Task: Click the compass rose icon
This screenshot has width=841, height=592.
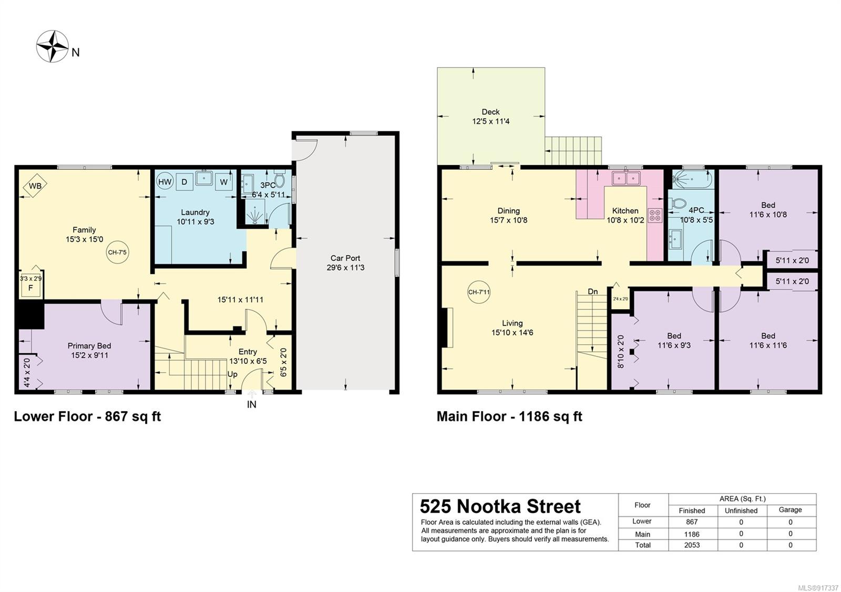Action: pyautogui.click(x=53, y=46)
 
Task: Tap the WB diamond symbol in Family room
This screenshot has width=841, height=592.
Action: pyautogui.click(x=35, y=186)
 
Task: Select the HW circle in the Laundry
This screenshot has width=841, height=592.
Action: pyautogui.click(x=165, y=182)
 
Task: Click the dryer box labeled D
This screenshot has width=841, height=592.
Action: pyautogui.click(x=184, y=182)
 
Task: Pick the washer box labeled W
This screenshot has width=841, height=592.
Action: pyautogui.click(x=224, y=182)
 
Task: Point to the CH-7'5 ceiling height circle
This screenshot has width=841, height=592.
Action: pyautogui.click(x=117, y=252)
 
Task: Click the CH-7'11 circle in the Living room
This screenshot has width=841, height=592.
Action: pyautogui.click(x=479, y=292)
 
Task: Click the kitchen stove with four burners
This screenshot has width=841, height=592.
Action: pyautogui.click(x=655, y=216)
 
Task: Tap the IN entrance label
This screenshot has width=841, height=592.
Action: pyautogui.click(x=252, y=404)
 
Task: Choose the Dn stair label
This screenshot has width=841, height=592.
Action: pyautogui.click(x=593, y=291)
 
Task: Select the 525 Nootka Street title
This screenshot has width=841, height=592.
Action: pyautogui.click(x=500, y=506)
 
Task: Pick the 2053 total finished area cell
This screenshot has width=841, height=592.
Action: pyautogui.click(x=692, y=545)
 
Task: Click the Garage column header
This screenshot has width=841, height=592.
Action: pyautogui.click(x=791, y=510)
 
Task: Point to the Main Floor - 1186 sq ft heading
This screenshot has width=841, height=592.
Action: pyautogui.click(x=509, y=416)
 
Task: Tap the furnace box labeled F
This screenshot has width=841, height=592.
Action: pyautogui.click(x=31, y=288)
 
